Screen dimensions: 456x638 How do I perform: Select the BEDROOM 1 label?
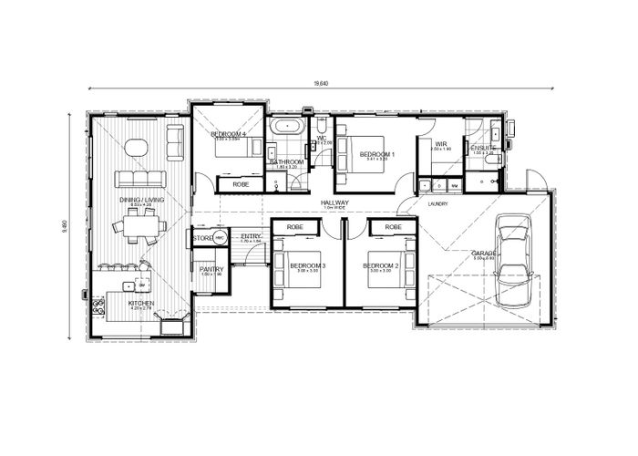coord(376,155)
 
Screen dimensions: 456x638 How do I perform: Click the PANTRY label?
coord(211,269)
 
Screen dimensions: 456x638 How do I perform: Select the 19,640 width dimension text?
coord(320,84)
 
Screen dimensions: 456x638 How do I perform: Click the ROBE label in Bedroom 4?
coord(241,185)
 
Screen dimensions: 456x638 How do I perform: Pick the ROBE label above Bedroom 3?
coord(294,226)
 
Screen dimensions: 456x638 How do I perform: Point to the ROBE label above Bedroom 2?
coord(394,226)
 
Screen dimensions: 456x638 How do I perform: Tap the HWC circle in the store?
coord(220,239)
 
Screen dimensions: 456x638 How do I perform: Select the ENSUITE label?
coord(483,148)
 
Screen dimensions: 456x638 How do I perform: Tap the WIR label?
coord(440,143)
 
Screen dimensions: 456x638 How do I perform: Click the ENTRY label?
coord(251,236)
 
